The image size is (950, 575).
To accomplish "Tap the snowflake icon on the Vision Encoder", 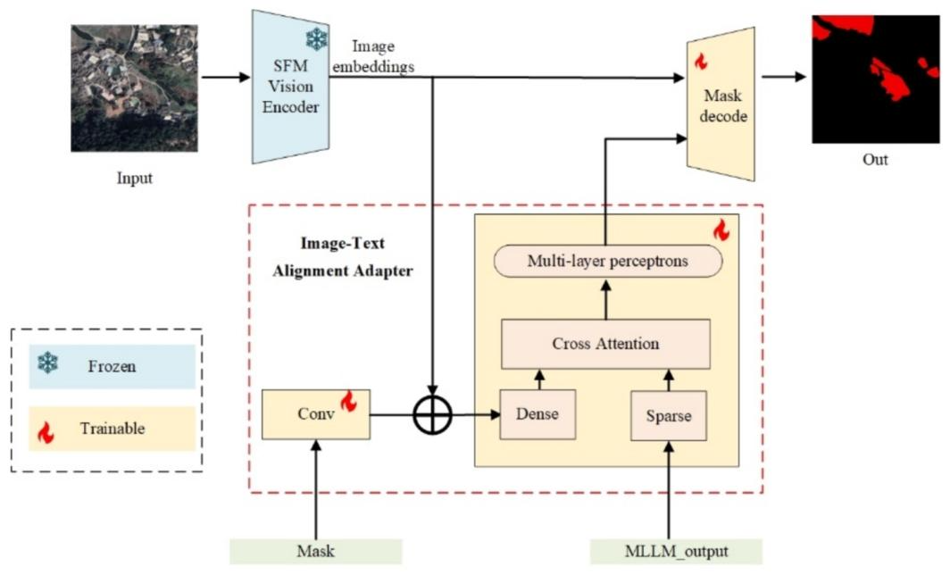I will tap(316, 38).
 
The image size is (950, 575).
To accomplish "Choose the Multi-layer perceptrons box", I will tap(607, 262).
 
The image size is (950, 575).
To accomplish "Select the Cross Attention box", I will tap(605, 344).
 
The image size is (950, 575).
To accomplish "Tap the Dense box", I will tap(537, 415).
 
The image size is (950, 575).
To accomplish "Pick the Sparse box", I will tap(668, 415).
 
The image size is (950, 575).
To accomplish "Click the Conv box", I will tap(315, 413).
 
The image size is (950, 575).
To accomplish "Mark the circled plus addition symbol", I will tap(433, 414).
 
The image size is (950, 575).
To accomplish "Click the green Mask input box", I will tap(315, 551).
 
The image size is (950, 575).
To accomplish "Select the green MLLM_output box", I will tap(675, 551).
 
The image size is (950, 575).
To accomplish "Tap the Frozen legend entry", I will tap(112, 366).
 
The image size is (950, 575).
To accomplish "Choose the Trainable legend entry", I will tap(112, 429).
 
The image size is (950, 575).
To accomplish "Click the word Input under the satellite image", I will tap(135, 178).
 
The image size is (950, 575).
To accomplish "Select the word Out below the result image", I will tap(875, 161).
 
